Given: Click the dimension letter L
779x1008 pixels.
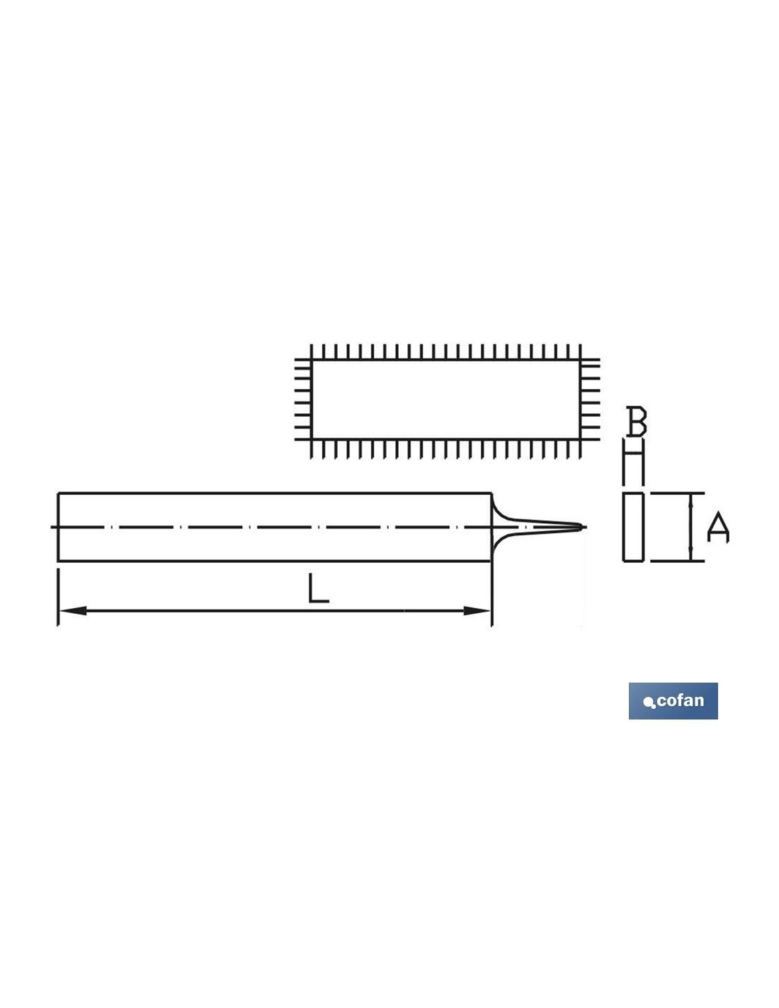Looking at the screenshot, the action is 319,588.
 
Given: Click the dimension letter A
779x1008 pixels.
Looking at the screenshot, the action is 718,527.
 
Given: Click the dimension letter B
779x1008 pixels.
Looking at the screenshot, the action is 636,421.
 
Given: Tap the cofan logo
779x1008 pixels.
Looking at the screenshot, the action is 673,701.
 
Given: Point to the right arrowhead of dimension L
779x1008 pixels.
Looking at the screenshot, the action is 477,610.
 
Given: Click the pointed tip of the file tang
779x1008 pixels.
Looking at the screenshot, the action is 581,527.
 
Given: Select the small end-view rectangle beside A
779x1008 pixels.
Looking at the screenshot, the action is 633,527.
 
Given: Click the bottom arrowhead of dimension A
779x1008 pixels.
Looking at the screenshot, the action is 691,555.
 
